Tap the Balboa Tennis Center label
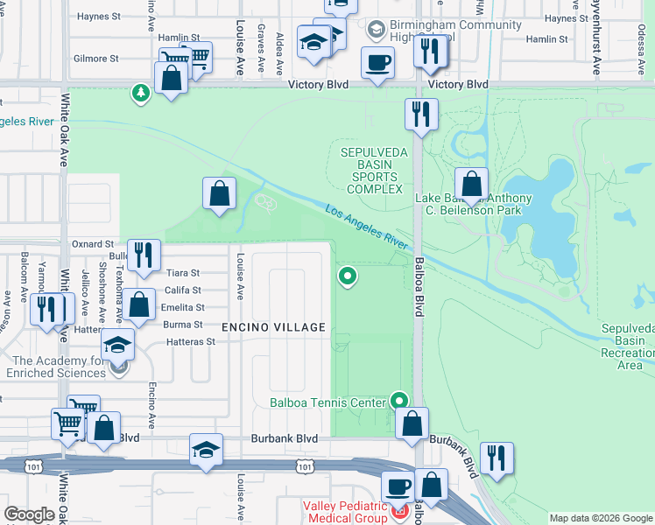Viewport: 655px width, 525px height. pyautogui.click(x=328, y=403)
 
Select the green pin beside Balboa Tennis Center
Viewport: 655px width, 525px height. pyautogui.click(x=399, y=401)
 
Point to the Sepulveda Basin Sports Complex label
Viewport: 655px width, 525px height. pyautogui.click(x=374, y=171)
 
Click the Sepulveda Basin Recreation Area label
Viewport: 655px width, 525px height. pyautogui.click(x=627, y=346)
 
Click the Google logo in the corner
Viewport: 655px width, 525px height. pyautogui.click(x=29, y=514)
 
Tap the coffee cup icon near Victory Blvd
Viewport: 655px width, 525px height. pyautogui.click(x=377, y=63)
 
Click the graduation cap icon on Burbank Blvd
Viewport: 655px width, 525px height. pyautogui.click(x=206, y=450)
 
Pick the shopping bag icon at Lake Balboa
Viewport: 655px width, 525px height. pyautogui.click(x=471, y=183)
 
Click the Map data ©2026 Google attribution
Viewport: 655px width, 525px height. pyautogui.click(x=601, y=518)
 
